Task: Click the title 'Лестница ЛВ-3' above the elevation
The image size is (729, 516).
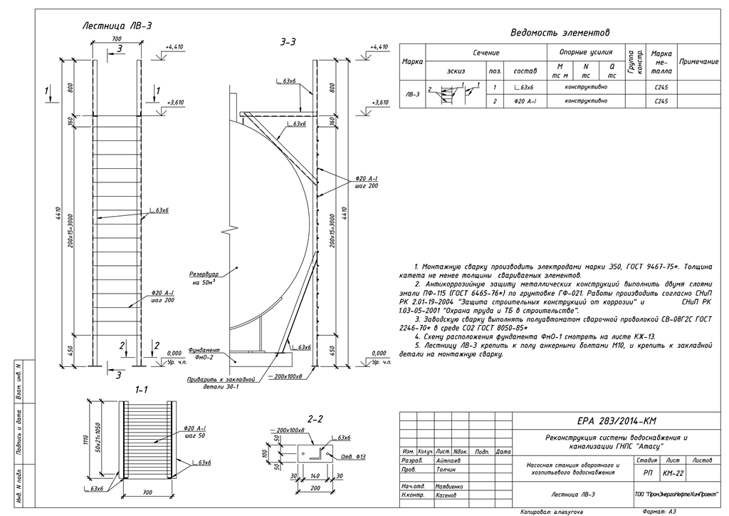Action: pos(117,26)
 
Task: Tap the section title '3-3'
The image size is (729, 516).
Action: pos(288,43)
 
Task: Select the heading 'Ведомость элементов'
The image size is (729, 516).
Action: pos(561,33)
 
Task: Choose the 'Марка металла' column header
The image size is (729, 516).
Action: pos(662,63)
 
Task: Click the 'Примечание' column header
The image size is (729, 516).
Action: pos(698,63)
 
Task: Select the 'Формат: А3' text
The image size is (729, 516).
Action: pos(663,511)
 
